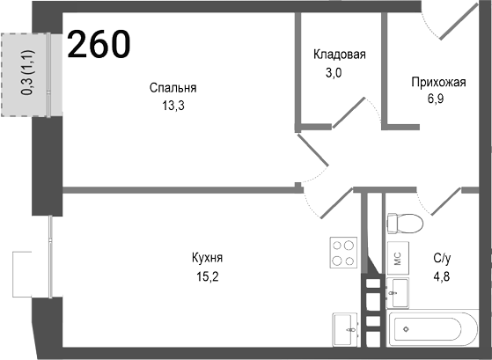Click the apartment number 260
pos(99,43)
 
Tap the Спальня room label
pos(173,88)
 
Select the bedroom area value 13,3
pos(173,105)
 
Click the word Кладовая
pos(339,55)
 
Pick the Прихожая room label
pos(437,83)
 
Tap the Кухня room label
pos(207,258)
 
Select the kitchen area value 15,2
pos(207,275)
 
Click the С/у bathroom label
pos(442,259)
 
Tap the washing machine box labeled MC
pos(397,258)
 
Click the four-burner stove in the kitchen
pos(343,253)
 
